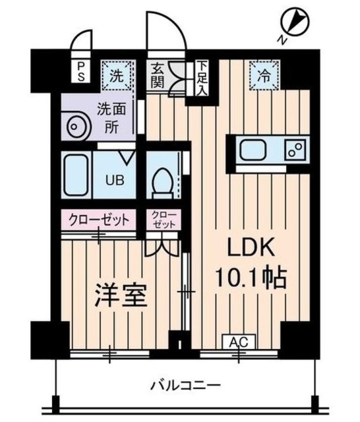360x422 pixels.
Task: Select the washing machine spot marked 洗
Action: coord(115,75)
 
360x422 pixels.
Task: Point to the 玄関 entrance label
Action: coord(159,75)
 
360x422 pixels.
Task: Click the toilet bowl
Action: coord(161,180)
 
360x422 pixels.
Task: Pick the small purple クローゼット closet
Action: coord(162,220)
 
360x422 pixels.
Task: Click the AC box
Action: coord(238,341)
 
